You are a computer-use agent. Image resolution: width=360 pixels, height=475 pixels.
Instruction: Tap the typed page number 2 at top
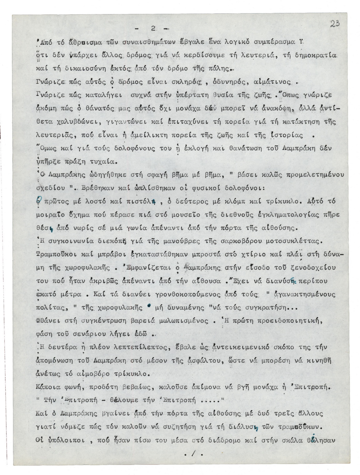coord(153,29)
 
